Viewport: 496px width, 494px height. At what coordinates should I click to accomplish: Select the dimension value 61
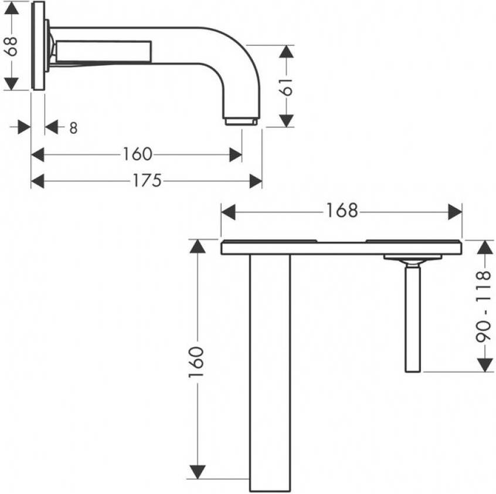286,86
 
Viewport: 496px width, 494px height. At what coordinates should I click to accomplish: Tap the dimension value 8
73,128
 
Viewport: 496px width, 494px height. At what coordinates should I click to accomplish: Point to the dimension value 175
147,180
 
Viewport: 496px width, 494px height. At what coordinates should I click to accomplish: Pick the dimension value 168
342,211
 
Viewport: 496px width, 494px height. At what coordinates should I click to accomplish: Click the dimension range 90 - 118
483,306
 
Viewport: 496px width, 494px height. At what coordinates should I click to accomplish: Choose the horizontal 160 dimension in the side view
137,154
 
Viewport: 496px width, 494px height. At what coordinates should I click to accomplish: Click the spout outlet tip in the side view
242,121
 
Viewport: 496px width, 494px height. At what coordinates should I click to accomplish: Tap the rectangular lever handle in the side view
103,51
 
